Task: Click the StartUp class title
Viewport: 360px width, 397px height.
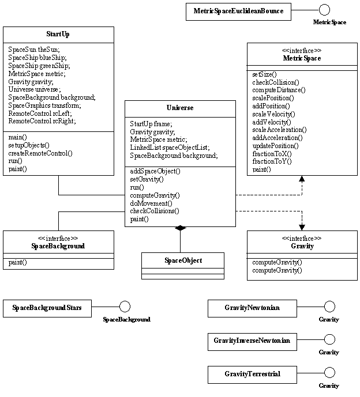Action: pos(58,34)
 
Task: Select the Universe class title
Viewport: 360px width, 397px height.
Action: pos(180,108)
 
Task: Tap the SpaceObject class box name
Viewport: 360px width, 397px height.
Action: pos(183,260)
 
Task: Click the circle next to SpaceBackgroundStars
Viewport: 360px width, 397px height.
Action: pos(125,307)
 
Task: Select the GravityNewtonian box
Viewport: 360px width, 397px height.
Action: pos(252,308)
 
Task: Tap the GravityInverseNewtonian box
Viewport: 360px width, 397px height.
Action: pos(252,341)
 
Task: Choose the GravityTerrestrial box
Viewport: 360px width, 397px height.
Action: pos(252,374)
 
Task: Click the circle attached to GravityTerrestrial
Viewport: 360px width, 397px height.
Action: pos(329,373)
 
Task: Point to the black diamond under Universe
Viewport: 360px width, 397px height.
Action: pos(181,229)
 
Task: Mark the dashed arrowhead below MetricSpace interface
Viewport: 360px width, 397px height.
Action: pos(301,180)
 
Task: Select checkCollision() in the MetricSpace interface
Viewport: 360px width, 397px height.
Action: pos(275,82)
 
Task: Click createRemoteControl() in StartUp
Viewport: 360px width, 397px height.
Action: pos(40,153)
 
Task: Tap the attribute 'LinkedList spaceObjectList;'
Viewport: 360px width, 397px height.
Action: pos(170,148)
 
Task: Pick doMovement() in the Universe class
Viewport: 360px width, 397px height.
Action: pos(151,203)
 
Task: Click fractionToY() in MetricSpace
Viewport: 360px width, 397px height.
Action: pos(272,162)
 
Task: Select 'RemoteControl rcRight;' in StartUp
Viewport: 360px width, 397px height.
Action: pos(42,122)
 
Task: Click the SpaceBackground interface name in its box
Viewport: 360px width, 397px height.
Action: pos(58,246)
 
